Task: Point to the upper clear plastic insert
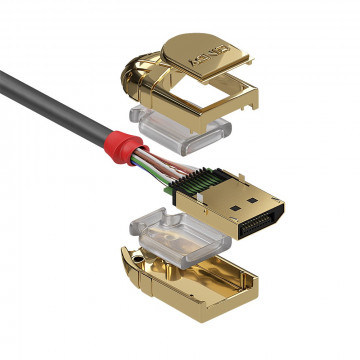186,131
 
